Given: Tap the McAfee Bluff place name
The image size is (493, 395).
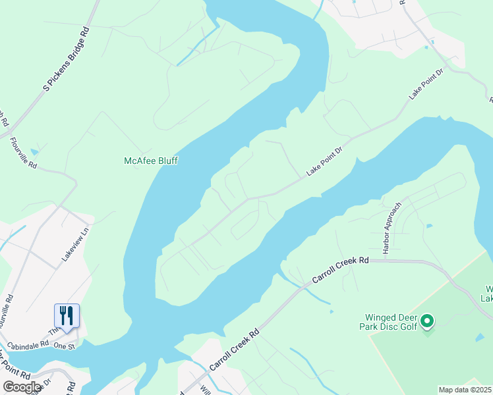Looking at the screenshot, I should coord(151,161).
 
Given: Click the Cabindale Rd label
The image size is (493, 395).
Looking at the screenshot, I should coord(26,344).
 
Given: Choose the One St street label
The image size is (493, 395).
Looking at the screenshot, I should coord(65,346).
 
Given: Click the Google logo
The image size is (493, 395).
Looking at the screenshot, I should coord(22,387).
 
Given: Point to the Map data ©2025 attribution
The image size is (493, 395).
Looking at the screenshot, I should coord(465,390).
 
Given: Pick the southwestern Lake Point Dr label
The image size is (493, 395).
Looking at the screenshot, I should coord(325,162).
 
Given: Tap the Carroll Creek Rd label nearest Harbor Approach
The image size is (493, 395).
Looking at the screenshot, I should coord(340,270).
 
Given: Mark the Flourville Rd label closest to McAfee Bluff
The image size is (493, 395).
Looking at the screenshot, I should coord(23,153).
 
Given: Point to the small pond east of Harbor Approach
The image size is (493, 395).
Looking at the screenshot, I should coord(429,226).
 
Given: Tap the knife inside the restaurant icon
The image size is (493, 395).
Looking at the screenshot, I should coord(70,313).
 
